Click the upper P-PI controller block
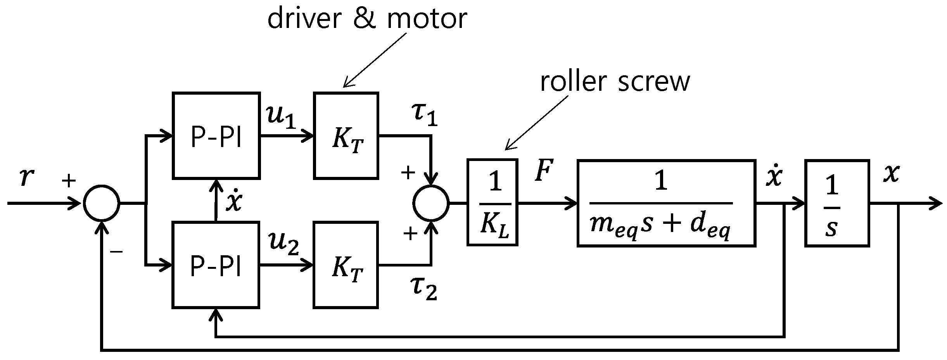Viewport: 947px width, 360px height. click(x=216, y=136)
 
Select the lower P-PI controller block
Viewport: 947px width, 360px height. click(x=216, y=265)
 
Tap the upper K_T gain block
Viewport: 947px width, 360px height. click(x=346, y=136)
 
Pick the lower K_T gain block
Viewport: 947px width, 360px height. click(x=346, y=265)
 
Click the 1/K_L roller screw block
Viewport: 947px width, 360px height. click(x=492, y=202)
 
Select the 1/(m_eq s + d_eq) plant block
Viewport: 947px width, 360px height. click(x=666, y=202)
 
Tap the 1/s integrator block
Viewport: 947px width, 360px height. click(x=837, y=202)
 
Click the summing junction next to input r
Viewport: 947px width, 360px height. click(x=102, y=203)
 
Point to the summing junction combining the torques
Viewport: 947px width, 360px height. click(x=431, y=203)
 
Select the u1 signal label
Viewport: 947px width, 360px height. click(x=281, y=116)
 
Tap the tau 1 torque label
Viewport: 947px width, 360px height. click(x=424, y=115)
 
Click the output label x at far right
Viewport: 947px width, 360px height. click(x=891, y=173)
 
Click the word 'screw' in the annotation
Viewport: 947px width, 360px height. click(x=653, y=81)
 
